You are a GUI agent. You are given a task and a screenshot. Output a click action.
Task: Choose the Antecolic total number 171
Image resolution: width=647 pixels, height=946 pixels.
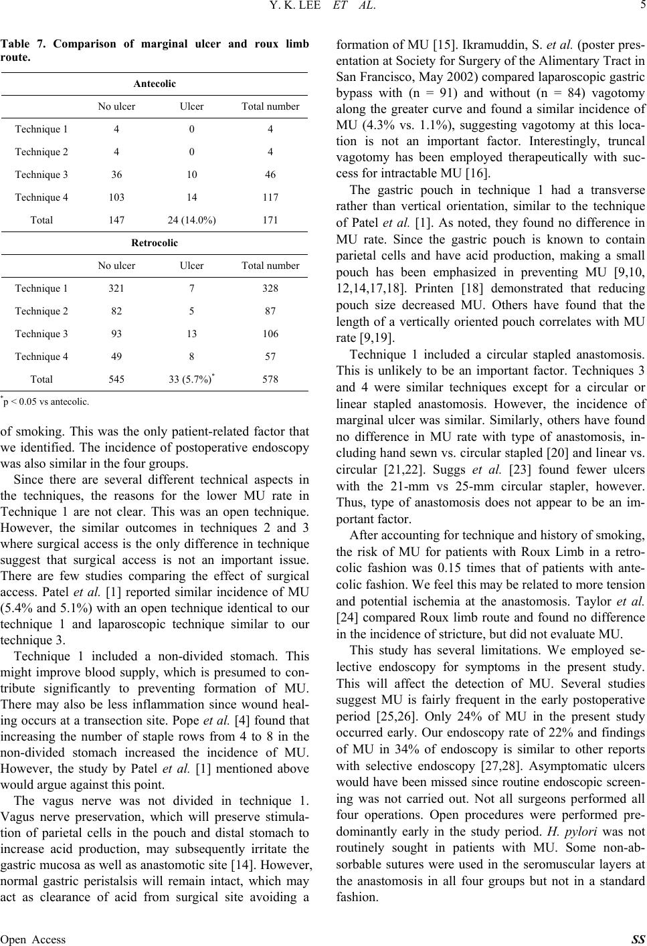[270, 219]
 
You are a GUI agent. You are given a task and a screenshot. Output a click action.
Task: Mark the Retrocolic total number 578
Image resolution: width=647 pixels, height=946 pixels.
[270, 379]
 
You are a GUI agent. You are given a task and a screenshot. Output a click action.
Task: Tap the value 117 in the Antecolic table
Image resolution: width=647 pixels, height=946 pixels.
[270, 197]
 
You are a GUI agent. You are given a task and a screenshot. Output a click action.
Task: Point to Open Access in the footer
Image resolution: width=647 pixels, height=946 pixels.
[33, 939]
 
